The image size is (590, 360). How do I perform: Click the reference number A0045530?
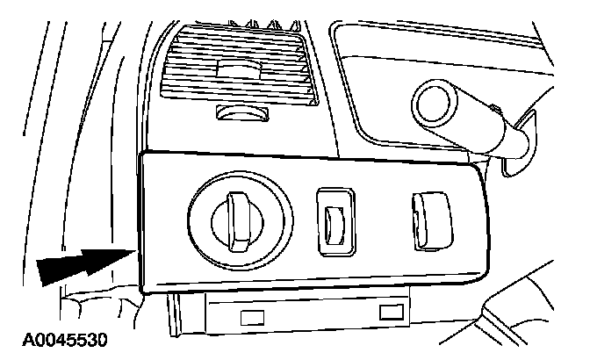pos(54,338)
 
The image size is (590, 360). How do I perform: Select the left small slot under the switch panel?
pos(253,313)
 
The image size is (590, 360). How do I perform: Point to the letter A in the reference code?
pos(14,338)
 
